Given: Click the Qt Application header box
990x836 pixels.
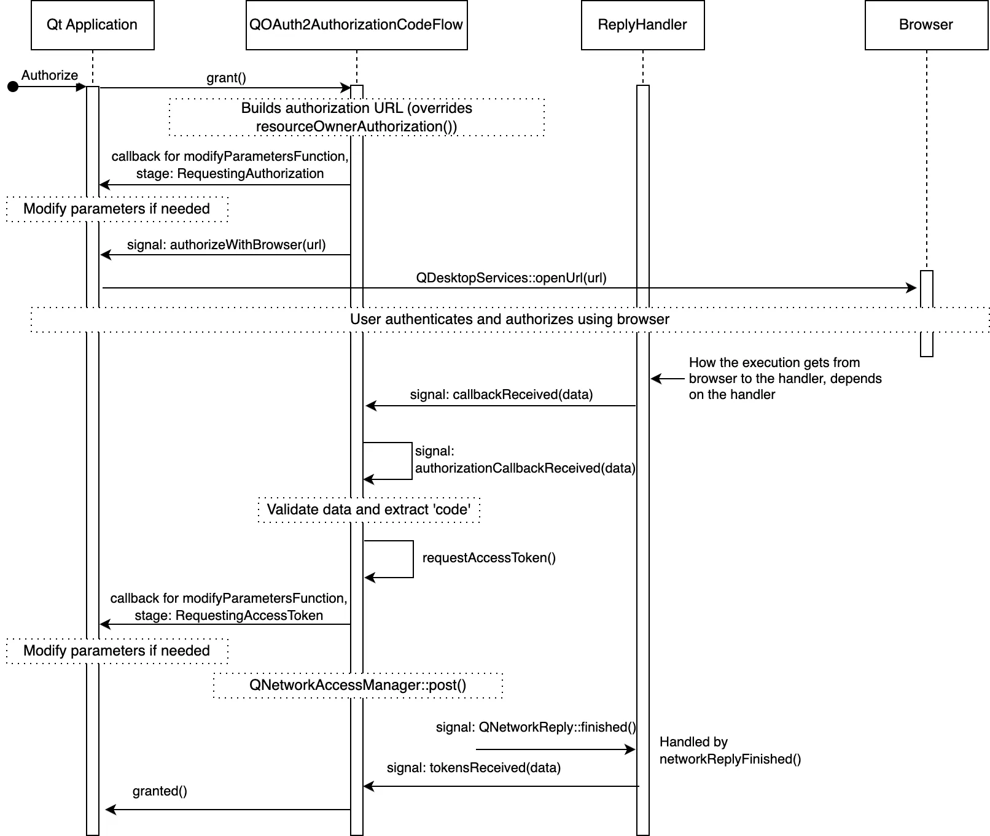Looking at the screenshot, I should (92, 25).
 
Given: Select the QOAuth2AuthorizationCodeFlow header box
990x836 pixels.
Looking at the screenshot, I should (356, 25).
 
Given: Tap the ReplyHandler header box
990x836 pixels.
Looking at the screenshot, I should (642, 25).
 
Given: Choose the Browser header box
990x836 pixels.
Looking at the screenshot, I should (926, 25).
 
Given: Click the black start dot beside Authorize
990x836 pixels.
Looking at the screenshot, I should (13, 87).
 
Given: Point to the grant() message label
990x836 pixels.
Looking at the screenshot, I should (226, 78).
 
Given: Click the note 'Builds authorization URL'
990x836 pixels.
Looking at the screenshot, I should (356, 117).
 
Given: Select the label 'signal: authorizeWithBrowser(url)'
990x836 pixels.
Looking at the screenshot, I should (226, 245).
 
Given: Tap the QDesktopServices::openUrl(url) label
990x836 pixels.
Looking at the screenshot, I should (511, 278).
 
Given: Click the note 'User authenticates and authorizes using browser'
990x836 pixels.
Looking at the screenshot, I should (510, 319).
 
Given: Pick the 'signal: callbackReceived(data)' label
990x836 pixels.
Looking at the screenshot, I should (501, 395).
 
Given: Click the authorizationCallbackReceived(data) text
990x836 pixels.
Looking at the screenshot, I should (525, 468).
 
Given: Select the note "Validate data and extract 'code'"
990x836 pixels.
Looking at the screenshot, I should (368, 509).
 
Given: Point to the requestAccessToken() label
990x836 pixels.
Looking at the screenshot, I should (489, 558).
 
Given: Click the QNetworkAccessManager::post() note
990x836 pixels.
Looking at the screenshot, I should (357, 685).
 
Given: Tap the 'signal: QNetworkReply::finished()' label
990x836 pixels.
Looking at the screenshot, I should (536, 727).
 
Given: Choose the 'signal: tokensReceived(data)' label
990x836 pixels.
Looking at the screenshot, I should (474, 768).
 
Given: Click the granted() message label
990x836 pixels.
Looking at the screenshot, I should (160, 791).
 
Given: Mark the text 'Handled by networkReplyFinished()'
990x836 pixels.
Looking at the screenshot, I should (730, 751).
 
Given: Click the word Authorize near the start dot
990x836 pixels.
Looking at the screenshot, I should (50, 75).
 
